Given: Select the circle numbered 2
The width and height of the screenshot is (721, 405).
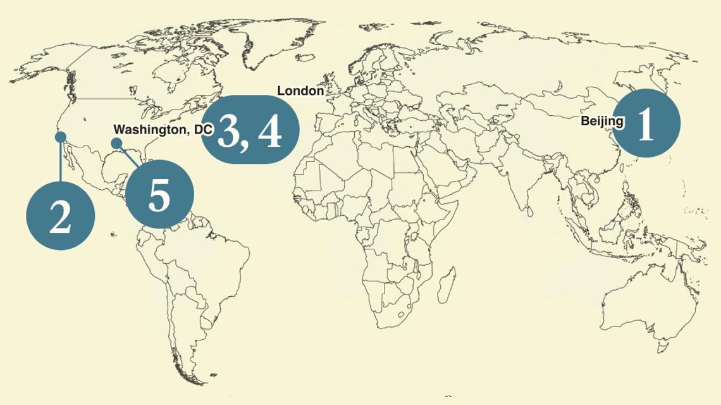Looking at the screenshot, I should tap(60, 215).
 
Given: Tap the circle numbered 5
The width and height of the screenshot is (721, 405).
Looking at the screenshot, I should tap(159, 194).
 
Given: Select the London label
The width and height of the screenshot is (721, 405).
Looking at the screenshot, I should tap(300, 91).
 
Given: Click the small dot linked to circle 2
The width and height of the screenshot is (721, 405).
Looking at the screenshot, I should tap(61, 137).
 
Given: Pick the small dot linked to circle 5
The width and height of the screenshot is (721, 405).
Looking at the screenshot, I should tap(116, 143).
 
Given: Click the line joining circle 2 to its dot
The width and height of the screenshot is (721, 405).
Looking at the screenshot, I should tap(61, 161).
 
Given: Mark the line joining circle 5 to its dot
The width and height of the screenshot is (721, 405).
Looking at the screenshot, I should tap(129, 156).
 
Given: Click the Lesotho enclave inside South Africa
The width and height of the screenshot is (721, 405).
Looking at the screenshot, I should tap(399, 314).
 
